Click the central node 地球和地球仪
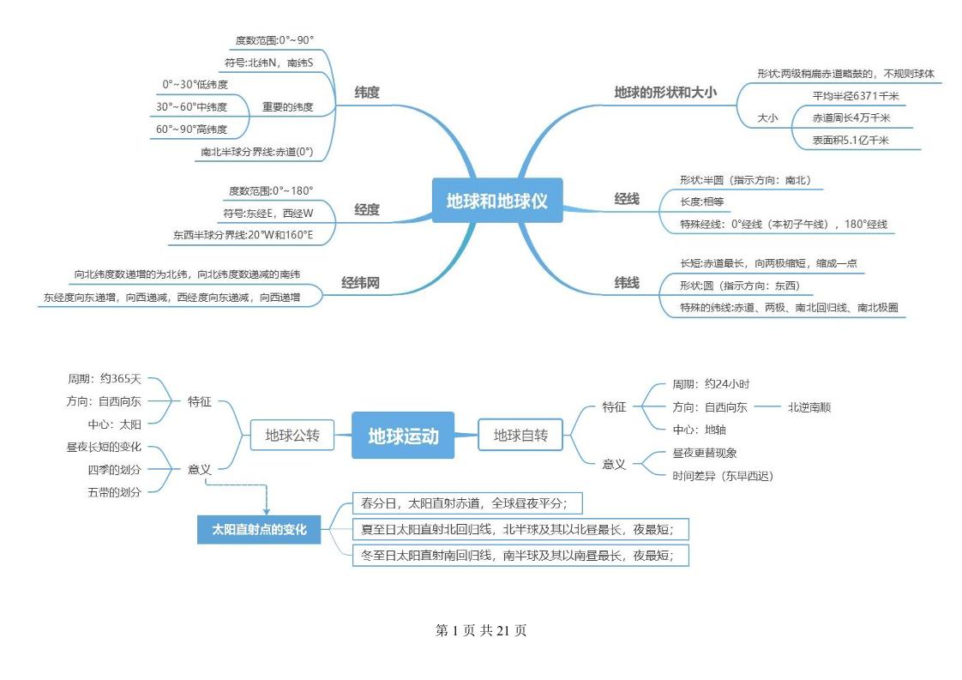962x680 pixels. (x=496, y=201)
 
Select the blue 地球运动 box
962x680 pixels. (x=403, y=436)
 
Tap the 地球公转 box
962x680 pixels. (x=292, y=436)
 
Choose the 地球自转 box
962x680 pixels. (x=520, y=436)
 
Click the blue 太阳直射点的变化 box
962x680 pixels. (x=260, y=530)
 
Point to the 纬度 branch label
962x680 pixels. (x=367, y=93)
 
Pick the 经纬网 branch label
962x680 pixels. (x=360, y=282)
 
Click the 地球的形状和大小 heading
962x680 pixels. (x=665, y=92)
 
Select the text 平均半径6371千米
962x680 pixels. (x=851, y=96)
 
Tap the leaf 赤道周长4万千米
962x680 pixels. (x=851, y=118)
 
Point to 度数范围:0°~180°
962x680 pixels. (x=271, y=190)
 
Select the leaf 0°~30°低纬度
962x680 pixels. (x=195, y=85)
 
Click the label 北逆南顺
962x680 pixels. (x=809, y=407)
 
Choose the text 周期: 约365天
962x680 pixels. (x=105, y=377)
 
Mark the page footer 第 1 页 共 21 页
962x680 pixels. (x=481, y=630)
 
